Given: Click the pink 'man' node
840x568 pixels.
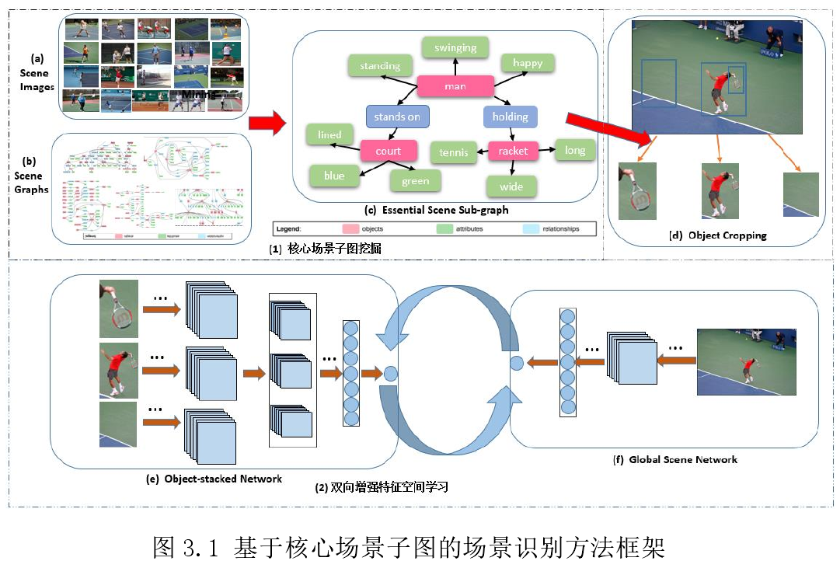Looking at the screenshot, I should [x=455, y=85].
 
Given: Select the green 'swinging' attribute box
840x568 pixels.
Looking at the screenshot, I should [x=455, y=47].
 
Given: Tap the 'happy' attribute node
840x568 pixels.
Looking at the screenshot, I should [x=527, y=63].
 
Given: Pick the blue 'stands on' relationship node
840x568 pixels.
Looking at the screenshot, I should [x=397, y=117].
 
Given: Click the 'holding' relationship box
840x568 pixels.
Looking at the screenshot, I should [x=510, y=117].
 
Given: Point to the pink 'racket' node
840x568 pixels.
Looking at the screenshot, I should [x=513, y=151].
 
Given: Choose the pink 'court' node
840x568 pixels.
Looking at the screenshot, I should [x=389, y=151].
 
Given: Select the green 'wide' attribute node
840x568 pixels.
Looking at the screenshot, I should [x=511, y=186].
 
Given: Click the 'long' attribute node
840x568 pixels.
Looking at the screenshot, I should [x=575, y=150].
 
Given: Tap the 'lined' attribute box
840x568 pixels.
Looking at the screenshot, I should [x=329, y=134].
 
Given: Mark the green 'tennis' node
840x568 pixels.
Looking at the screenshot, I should [x=454, y=152].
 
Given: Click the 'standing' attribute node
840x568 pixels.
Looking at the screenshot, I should [x=380, y=66].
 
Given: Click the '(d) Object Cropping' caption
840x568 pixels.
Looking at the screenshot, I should [x=718, y=235].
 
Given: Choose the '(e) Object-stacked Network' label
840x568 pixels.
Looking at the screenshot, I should [x=214, y=479].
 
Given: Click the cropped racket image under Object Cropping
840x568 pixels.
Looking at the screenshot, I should [x=637, y=191].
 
